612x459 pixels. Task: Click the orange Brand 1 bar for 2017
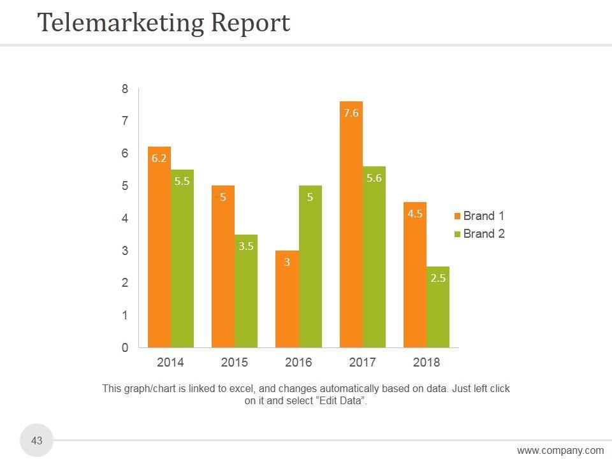tap(351, 229)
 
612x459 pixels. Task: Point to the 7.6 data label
tap(351, 113)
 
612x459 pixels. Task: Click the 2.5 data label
tap(438, 278)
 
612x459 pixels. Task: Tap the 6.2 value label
tap(159, 158)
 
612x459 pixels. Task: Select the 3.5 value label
tap(246, 246)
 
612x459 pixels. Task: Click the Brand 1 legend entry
tap(479, 216)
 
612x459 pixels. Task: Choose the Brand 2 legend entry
tap(479, 234)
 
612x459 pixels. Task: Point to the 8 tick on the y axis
tap(125, 90)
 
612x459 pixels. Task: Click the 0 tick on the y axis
tap(125, 348)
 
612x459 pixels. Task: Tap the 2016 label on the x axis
tap(298, 363)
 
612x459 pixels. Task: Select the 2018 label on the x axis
tap(426, 363)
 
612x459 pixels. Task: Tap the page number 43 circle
tap(37, 441)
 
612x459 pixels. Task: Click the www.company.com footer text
tap(560, 451)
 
